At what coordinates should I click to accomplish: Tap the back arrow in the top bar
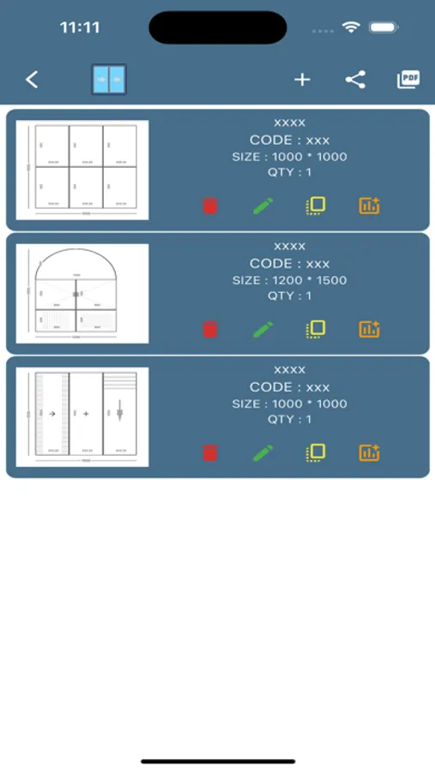(32, 80)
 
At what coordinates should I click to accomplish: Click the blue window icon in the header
(109, 80)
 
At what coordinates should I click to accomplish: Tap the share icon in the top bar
(355, 80)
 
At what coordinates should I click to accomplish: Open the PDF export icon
(408, 80)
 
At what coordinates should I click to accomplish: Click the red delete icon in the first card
(210, 206)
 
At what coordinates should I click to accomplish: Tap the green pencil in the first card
(263, 206)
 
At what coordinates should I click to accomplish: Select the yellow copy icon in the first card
(316, 206)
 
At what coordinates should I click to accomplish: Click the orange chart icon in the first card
(369, 206)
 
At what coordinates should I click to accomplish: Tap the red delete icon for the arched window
(210, 329)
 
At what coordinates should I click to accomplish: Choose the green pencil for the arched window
(263, 329)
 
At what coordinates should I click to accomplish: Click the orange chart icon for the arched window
(369, 329)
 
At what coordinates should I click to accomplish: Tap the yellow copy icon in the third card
(316, 452)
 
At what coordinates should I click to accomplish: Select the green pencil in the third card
(263, 452)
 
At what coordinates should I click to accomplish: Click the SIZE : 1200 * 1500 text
(289, 280)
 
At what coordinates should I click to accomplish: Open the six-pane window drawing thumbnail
(82, 170)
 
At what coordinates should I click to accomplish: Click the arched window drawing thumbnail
(82, 293)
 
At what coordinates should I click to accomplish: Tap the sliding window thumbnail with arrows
(82, 417)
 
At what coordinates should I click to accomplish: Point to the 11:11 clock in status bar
(80, 27)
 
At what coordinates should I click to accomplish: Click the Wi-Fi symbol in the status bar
(350, 27)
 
